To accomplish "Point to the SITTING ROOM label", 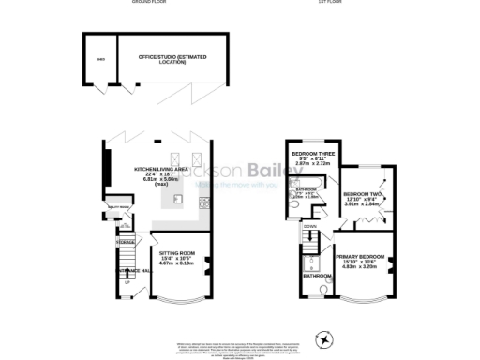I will click(174, 253).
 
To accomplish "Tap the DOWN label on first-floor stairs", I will click(310, 226).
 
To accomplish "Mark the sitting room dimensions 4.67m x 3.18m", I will click(174, 264).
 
